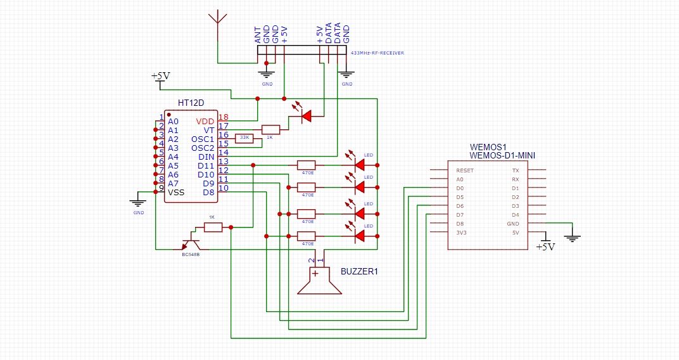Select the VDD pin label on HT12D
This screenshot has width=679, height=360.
point(205,121)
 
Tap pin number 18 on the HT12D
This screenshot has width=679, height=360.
point(223,117)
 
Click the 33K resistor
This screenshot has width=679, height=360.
point(244,138)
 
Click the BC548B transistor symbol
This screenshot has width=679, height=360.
point(191,243)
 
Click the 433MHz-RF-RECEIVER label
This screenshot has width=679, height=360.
point(378,53)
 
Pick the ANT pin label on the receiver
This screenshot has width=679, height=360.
point(258,35)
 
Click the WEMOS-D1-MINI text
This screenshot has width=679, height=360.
point(504,155)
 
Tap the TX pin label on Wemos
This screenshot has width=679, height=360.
point(515,170)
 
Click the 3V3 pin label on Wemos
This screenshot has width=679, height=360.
point(460,233)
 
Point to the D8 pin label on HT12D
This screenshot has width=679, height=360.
point(208,192)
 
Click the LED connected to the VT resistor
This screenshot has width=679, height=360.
point(306,116)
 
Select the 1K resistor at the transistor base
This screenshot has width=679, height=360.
point(213,227)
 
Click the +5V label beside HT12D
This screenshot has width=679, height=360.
point(160,76)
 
